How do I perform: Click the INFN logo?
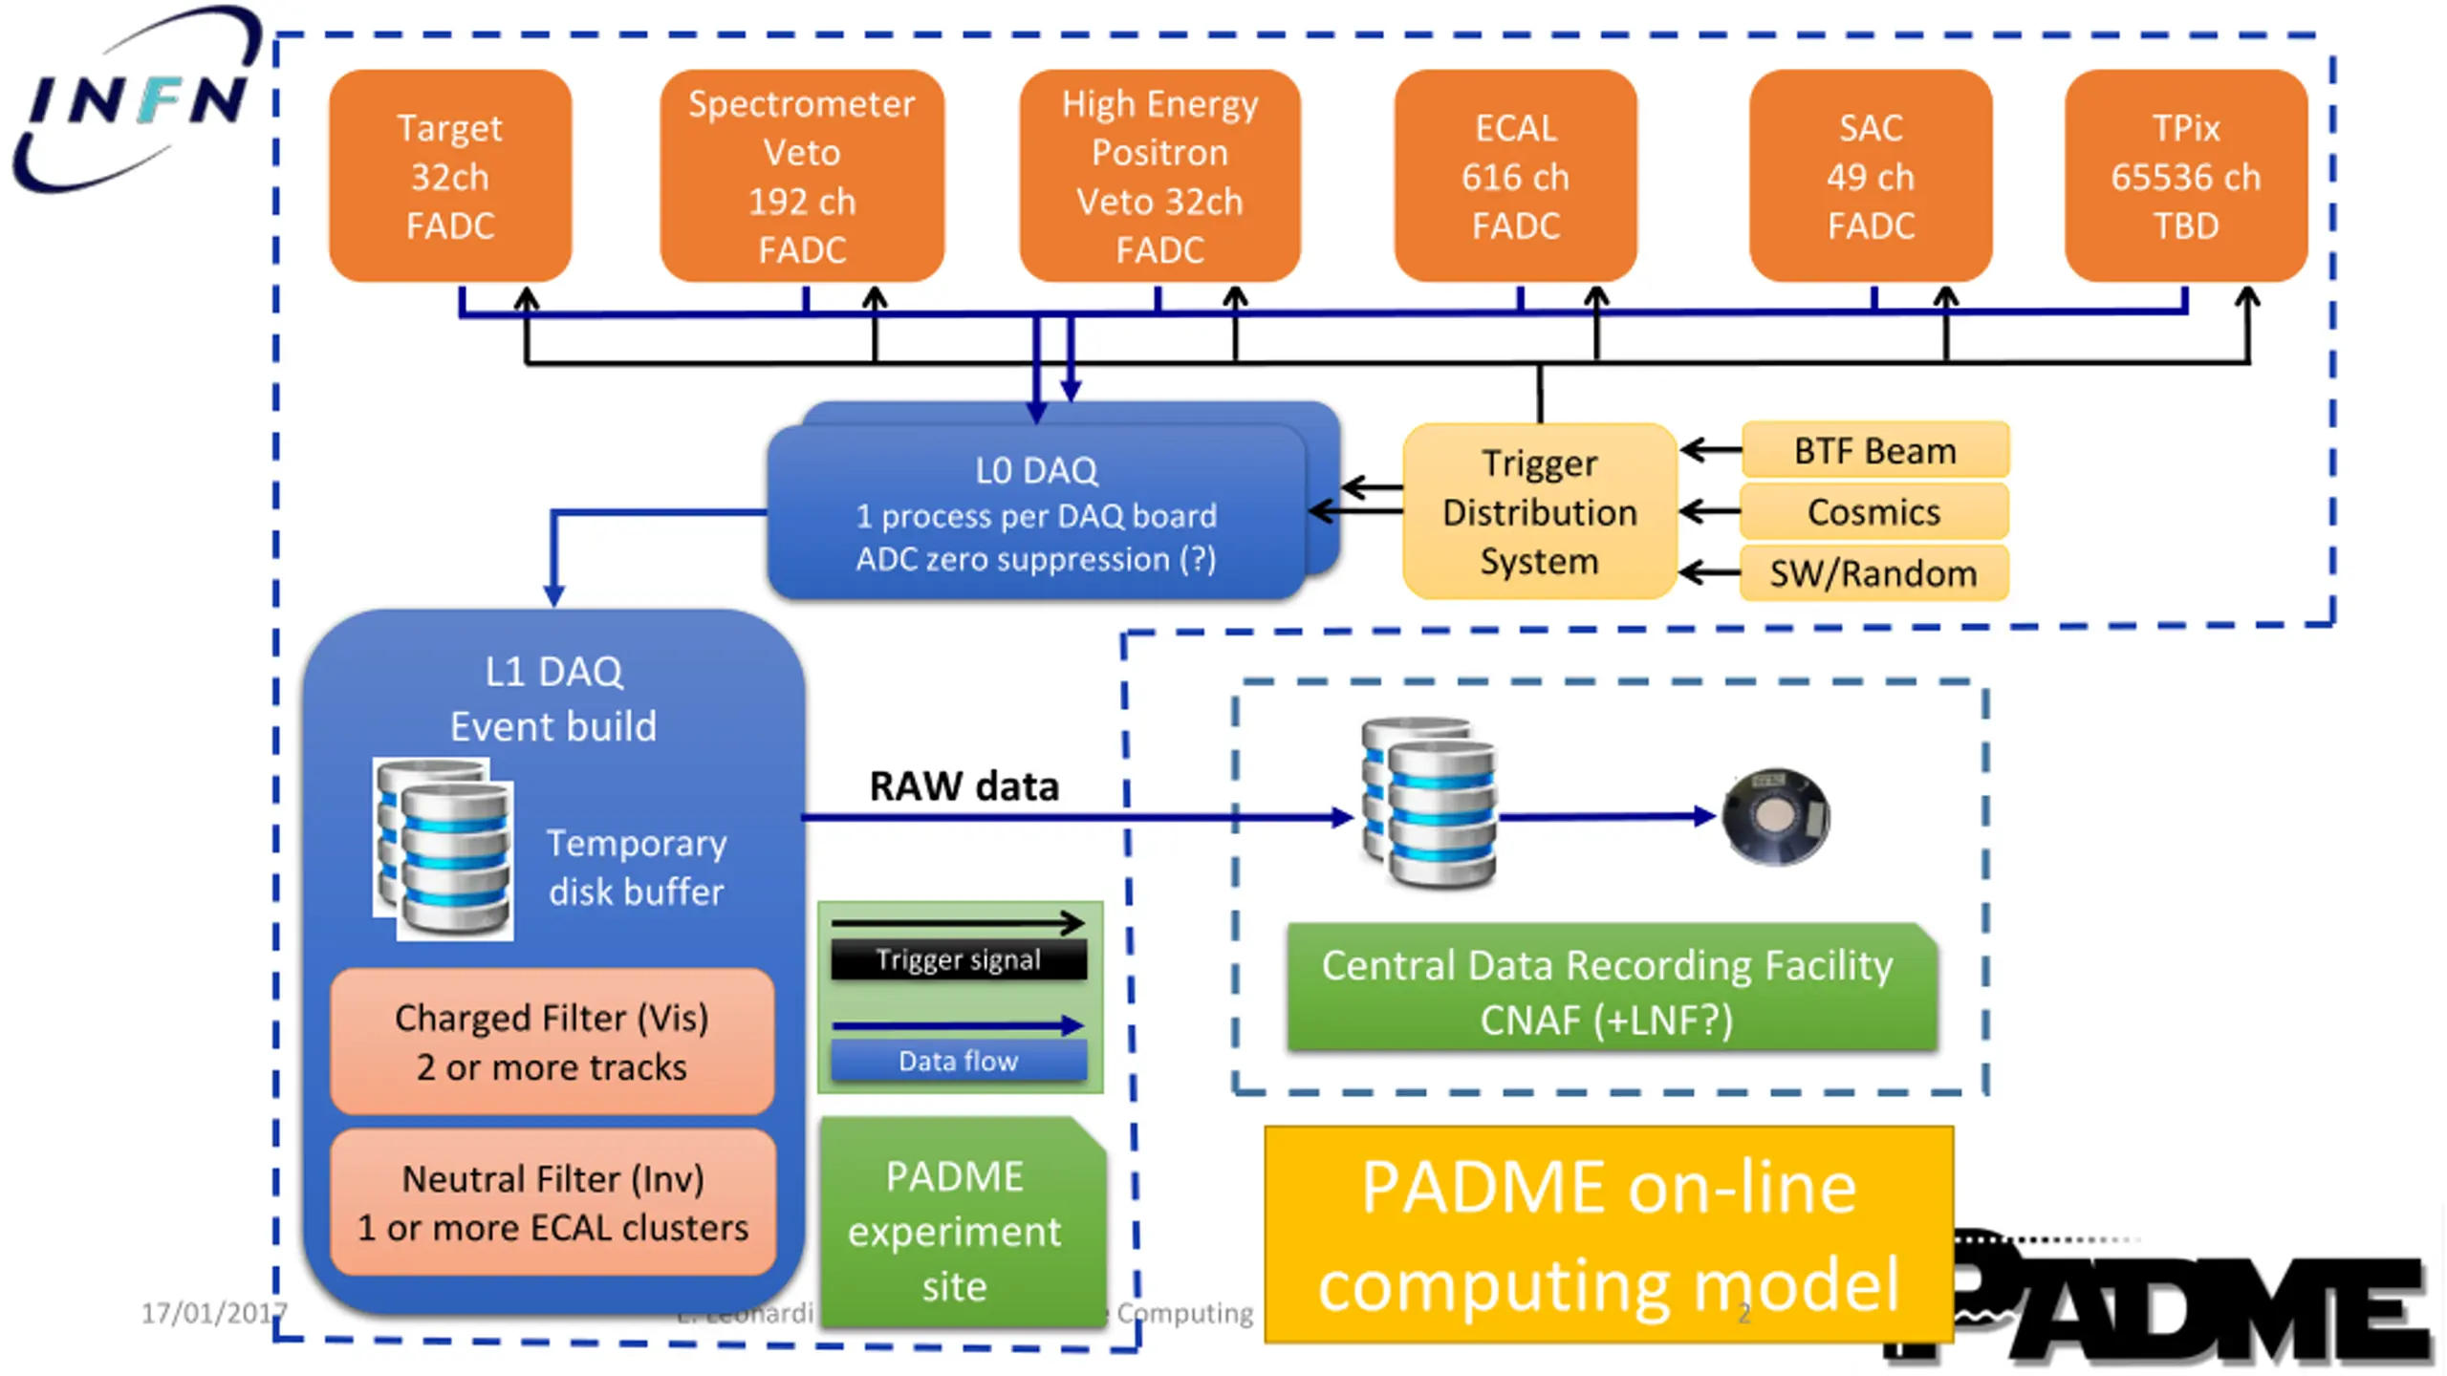click(134, 100)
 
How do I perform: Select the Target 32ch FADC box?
click(450, 177)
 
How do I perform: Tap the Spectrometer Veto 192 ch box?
click(802, 177)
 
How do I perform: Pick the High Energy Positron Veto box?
click(1159, 177)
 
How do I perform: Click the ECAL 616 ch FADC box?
click(1515, 177)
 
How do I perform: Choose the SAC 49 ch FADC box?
click(1871, 177)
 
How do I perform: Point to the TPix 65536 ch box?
click(2185, 177)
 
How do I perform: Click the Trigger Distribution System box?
click(1539, 512)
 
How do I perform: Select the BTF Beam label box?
click(1874, 450)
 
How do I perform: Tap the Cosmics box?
click(1873, 512)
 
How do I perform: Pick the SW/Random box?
click(1873, 573)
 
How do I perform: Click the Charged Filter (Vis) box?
click(552, 1042)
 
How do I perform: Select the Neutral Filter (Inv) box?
click(552, 1202)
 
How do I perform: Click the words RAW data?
click(964, 786)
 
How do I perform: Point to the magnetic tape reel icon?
click(1775, 817)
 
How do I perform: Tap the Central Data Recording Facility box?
click(1611, 991)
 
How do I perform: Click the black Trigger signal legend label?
click(959, 959)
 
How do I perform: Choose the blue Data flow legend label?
click(959, 1061)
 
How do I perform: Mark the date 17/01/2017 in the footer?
click(212, 1313)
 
